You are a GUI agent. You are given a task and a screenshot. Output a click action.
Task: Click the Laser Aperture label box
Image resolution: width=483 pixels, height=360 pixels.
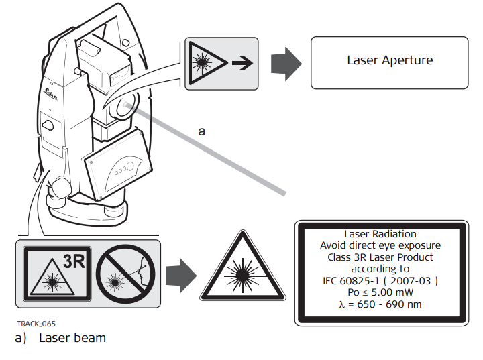[x=390, y=62]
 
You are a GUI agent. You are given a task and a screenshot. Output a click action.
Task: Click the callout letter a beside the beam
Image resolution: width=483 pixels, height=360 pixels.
[x=201, y=131]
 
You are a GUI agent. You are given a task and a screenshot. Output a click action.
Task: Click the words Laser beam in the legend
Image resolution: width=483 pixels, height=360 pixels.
[x=72, y=337]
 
